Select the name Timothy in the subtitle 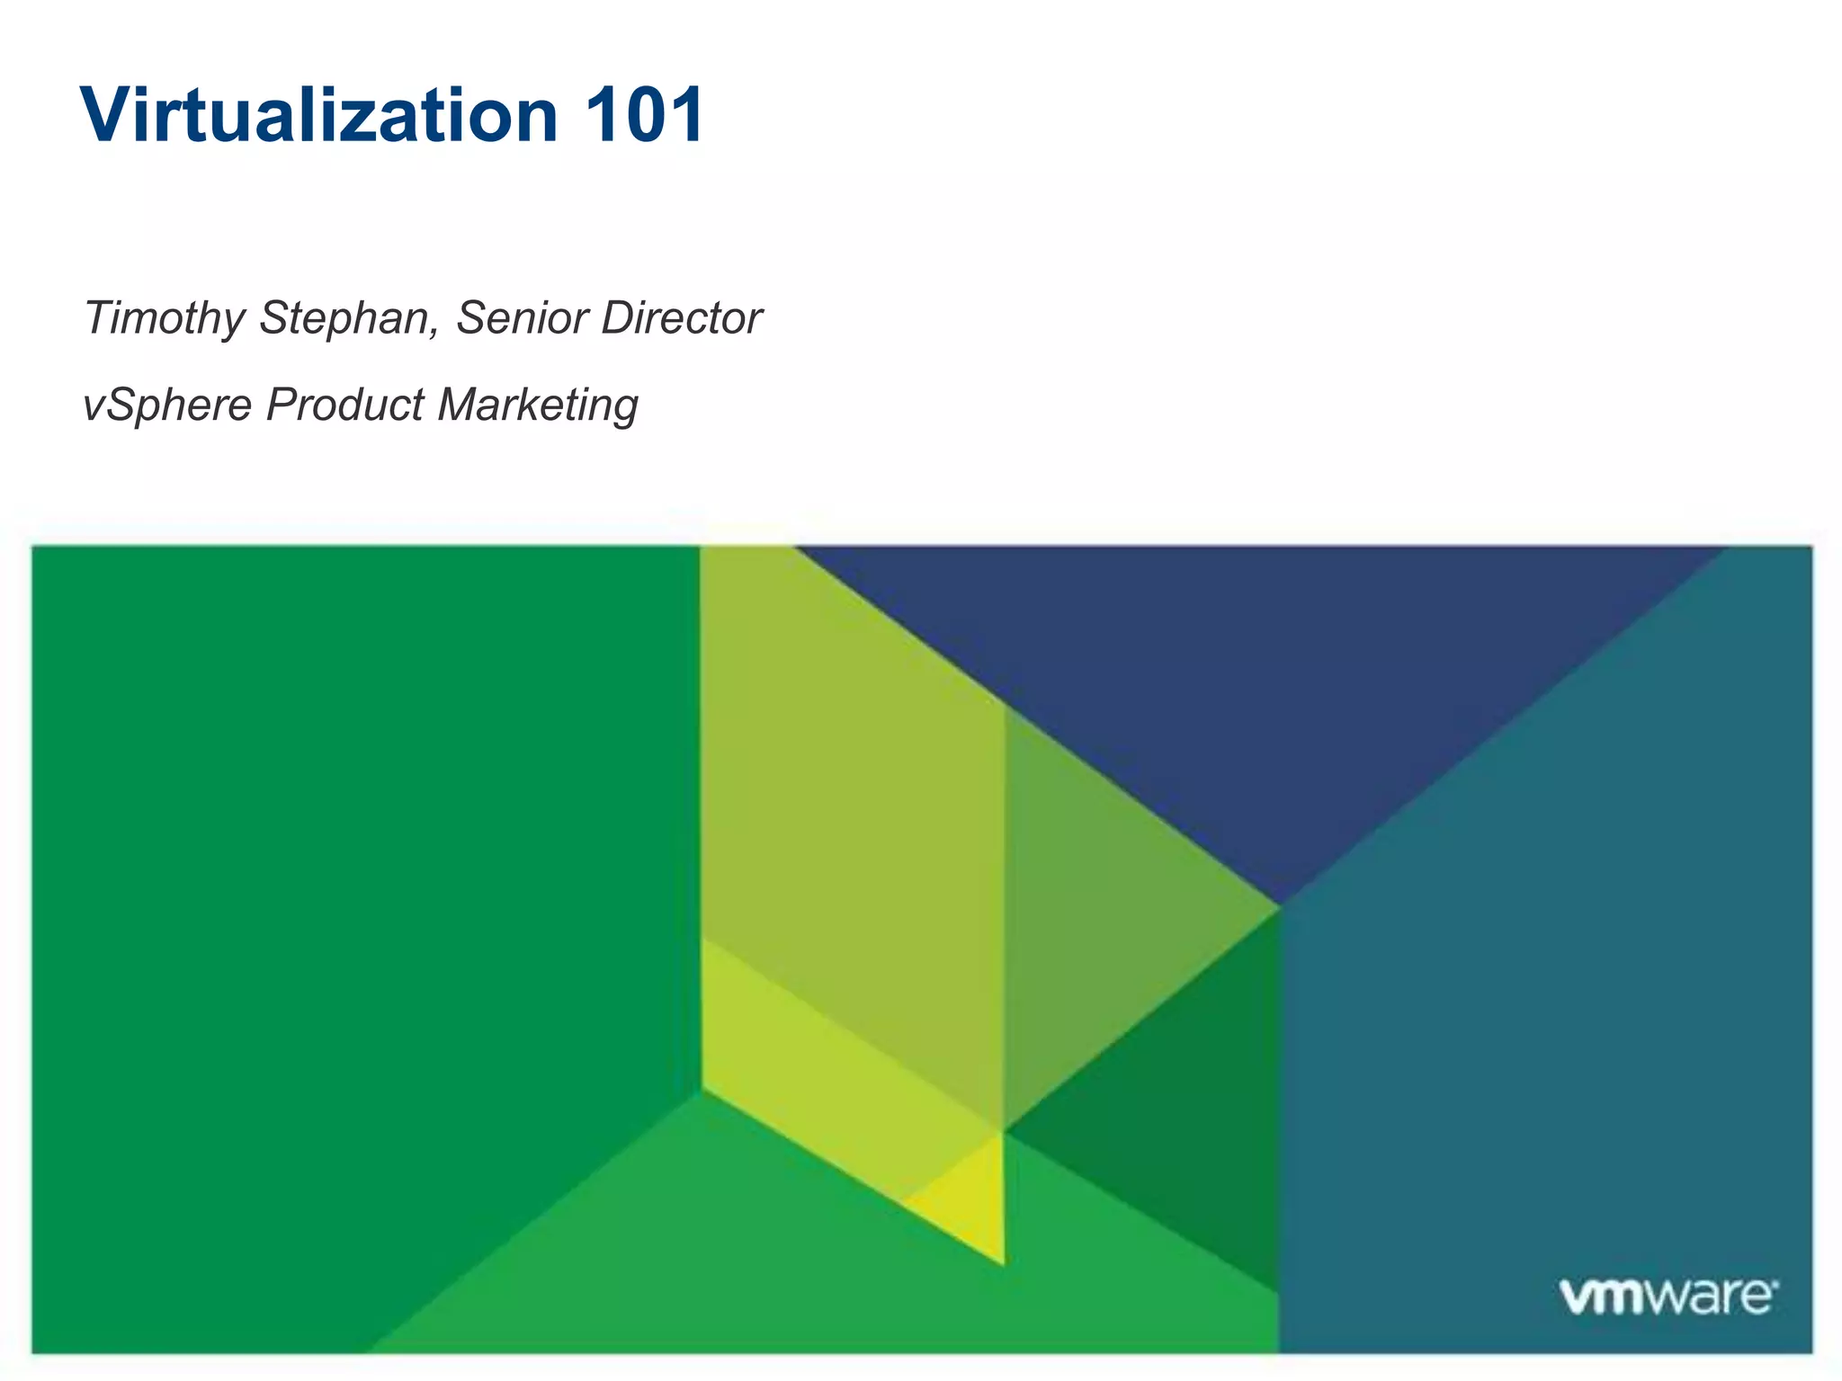[x=164, y=318]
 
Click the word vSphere [x=167, y=405]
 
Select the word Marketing [x=538, y=405]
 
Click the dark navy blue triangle [x=1259, y=683]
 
